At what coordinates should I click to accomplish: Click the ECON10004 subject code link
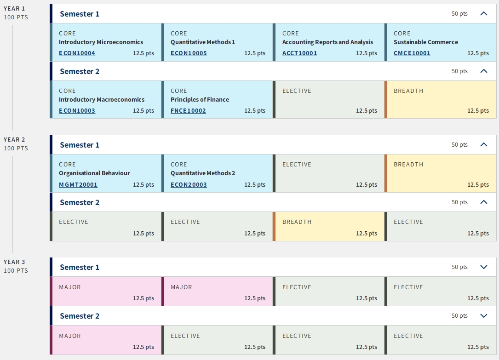click(x=77, y=53)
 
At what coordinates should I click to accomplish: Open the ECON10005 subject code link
click(x=189, y=53)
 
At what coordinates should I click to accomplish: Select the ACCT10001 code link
click(x=300, y=53)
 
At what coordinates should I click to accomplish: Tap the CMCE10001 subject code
click(x=412, y=53)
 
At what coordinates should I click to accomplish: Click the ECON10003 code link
click(x=77, y=111)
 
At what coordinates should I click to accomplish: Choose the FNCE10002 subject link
click(x=188, y=111)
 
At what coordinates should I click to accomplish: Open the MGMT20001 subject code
click(x=78, y=184)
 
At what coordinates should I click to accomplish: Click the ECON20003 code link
click(x=189, y=184)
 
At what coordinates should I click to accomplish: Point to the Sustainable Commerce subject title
click(x=426, y=42)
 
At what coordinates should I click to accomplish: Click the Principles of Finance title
click(x=200, y=100)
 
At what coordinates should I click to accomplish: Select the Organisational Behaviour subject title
click(x=95, y=173)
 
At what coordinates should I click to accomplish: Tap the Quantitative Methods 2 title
click(x=203, y=173)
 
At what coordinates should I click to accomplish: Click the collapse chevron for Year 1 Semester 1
click(x=484, y=13)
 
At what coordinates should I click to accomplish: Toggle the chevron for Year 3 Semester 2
click(x=484, y=315)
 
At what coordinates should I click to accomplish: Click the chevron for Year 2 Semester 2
click(x=484, y=202)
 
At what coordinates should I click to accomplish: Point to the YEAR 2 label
click(x=14, y=140)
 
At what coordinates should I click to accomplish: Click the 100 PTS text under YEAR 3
click(x=16, y=271)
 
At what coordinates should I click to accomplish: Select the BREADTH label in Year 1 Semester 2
click(x=408, y=91)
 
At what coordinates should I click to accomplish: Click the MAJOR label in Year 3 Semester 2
click(x=70, y=336)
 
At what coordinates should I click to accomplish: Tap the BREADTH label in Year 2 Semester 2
click(x=297, y=222)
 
